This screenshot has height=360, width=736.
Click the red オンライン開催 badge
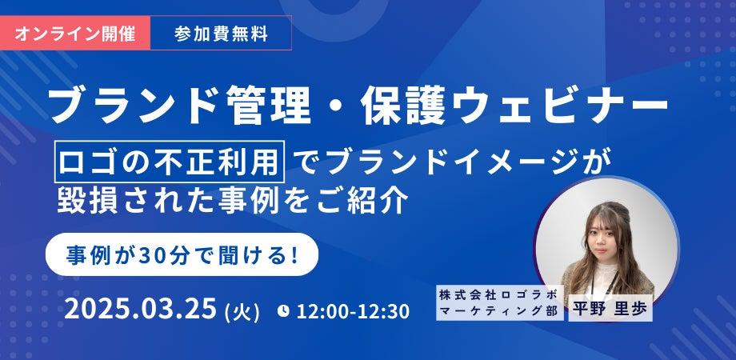[75, 33]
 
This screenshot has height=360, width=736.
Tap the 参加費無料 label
[221, 34]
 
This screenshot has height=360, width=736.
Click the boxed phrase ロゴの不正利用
[170, 162]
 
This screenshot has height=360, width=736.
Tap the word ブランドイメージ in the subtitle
[438, 162]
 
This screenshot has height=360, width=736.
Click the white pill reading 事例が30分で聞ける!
[182, 254]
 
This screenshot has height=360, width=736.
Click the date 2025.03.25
[140, 310]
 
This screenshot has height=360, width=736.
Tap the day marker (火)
[242, 312]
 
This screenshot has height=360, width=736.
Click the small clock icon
[283, 310]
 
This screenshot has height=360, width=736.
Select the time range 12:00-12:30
[353, 312]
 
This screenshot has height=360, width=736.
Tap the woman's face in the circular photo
[606, 238]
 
